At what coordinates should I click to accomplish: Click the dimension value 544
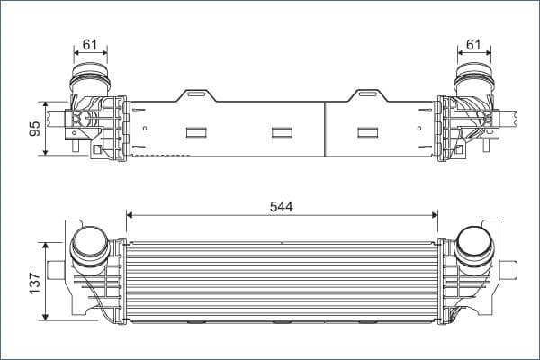pyautogui.click(x=282, y=205)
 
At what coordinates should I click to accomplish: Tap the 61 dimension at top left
pyautogui.click(x=89, y=44)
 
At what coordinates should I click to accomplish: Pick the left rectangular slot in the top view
pyautogui.click(x=197, y=132)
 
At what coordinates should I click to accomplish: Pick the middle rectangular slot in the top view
pyautogui.click(x=283, y=132)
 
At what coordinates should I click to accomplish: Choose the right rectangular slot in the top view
pyautogui.click(x=368, y=132)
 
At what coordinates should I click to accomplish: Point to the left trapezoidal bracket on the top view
pyautogui.click(x=197, y=95)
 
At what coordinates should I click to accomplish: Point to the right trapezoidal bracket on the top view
pyautogui.click(x=368, y=95)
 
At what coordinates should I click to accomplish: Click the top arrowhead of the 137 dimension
pyautogui.click(x=46, y=244)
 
